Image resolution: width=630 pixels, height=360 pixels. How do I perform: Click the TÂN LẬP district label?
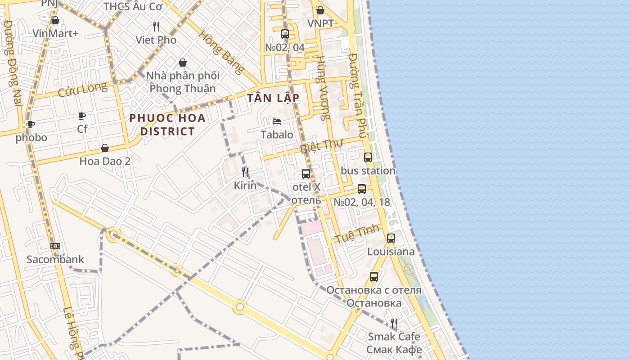(x=273, y=98)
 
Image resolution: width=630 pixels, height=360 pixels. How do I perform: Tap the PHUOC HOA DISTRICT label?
(x=167, y=125)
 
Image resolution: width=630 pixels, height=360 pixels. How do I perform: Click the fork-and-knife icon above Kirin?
(x=245, y=172)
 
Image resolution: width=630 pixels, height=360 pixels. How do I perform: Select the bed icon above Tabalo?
(x=277, y=121)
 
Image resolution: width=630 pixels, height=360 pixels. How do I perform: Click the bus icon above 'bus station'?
(x=368, y=157)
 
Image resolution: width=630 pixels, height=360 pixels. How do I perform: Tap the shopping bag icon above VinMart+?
(x=55, y=20)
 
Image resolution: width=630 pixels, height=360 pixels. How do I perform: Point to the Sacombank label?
(x=55, y=259)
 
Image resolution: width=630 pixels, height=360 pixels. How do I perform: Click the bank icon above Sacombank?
(x=55, y=246)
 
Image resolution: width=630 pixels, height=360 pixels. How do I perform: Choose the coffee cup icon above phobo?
(x=31, y=124)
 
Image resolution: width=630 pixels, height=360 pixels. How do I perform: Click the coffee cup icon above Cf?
(x=82, y=116)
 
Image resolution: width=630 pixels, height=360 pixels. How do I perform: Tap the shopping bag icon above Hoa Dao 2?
(x=105, y=148)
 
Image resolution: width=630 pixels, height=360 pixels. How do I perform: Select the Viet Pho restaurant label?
(x=156, y=40)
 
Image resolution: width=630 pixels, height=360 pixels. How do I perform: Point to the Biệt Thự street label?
(x=321, y=145)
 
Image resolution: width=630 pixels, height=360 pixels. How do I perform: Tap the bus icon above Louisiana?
(x=391, y=238)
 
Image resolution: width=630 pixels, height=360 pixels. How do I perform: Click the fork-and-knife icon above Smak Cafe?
(x=394, y=323)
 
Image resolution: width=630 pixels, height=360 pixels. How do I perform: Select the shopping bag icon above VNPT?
(x=320, y=10)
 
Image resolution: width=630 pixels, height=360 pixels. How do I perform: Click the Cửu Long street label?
(x=83, y=89)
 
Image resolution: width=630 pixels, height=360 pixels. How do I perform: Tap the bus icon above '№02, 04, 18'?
(x=362, y=189)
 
